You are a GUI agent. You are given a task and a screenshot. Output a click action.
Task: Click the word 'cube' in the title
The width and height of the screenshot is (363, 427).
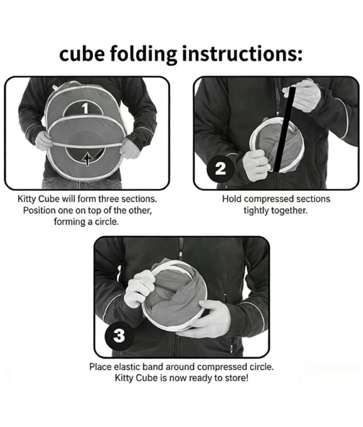(82, 54)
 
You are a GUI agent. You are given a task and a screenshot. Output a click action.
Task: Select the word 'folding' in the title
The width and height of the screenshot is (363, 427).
(143, 54)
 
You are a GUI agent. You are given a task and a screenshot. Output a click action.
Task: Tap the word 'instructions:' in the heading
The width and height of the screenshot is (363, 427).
(242, 54)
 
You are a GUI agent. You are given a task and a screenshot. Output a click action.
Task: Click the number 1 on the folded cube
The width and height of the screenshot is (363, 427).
(85, 109)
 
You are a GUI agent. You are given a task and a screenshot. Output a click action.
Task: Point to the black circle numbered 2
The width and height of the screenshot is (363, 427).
(221, 169)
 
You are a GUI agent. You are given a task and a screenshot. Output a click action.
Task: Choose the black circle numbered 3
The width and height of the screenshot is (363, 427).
(120, 335)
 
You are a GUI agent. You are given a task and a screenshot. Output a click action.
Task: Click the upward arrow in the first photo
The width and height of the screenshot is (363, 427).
(87, 159)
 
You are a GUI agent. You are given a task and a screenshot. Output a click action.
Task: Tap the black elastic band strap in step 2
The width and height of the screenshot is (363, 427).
(284, 129)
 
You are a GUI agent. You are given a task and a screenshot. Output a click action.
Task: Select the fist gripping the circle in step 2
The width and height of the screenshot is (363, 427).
(256, 165)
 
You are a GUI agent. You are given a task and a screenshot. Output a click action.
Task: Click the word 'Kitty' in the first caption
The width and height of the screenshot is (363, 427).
(26, 199)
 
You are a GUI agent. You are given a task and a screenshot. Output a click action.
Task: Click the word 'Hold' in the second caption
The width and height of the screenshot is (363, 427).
(232, 199)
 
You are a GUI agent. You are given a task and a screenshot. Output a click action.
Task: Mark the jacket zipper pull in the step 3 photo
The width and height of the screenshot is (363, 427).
(180, 255)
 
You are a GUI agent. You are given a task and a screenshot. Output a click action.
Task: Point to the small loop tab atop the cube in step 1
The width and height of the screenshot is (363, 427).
(56, 87)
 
